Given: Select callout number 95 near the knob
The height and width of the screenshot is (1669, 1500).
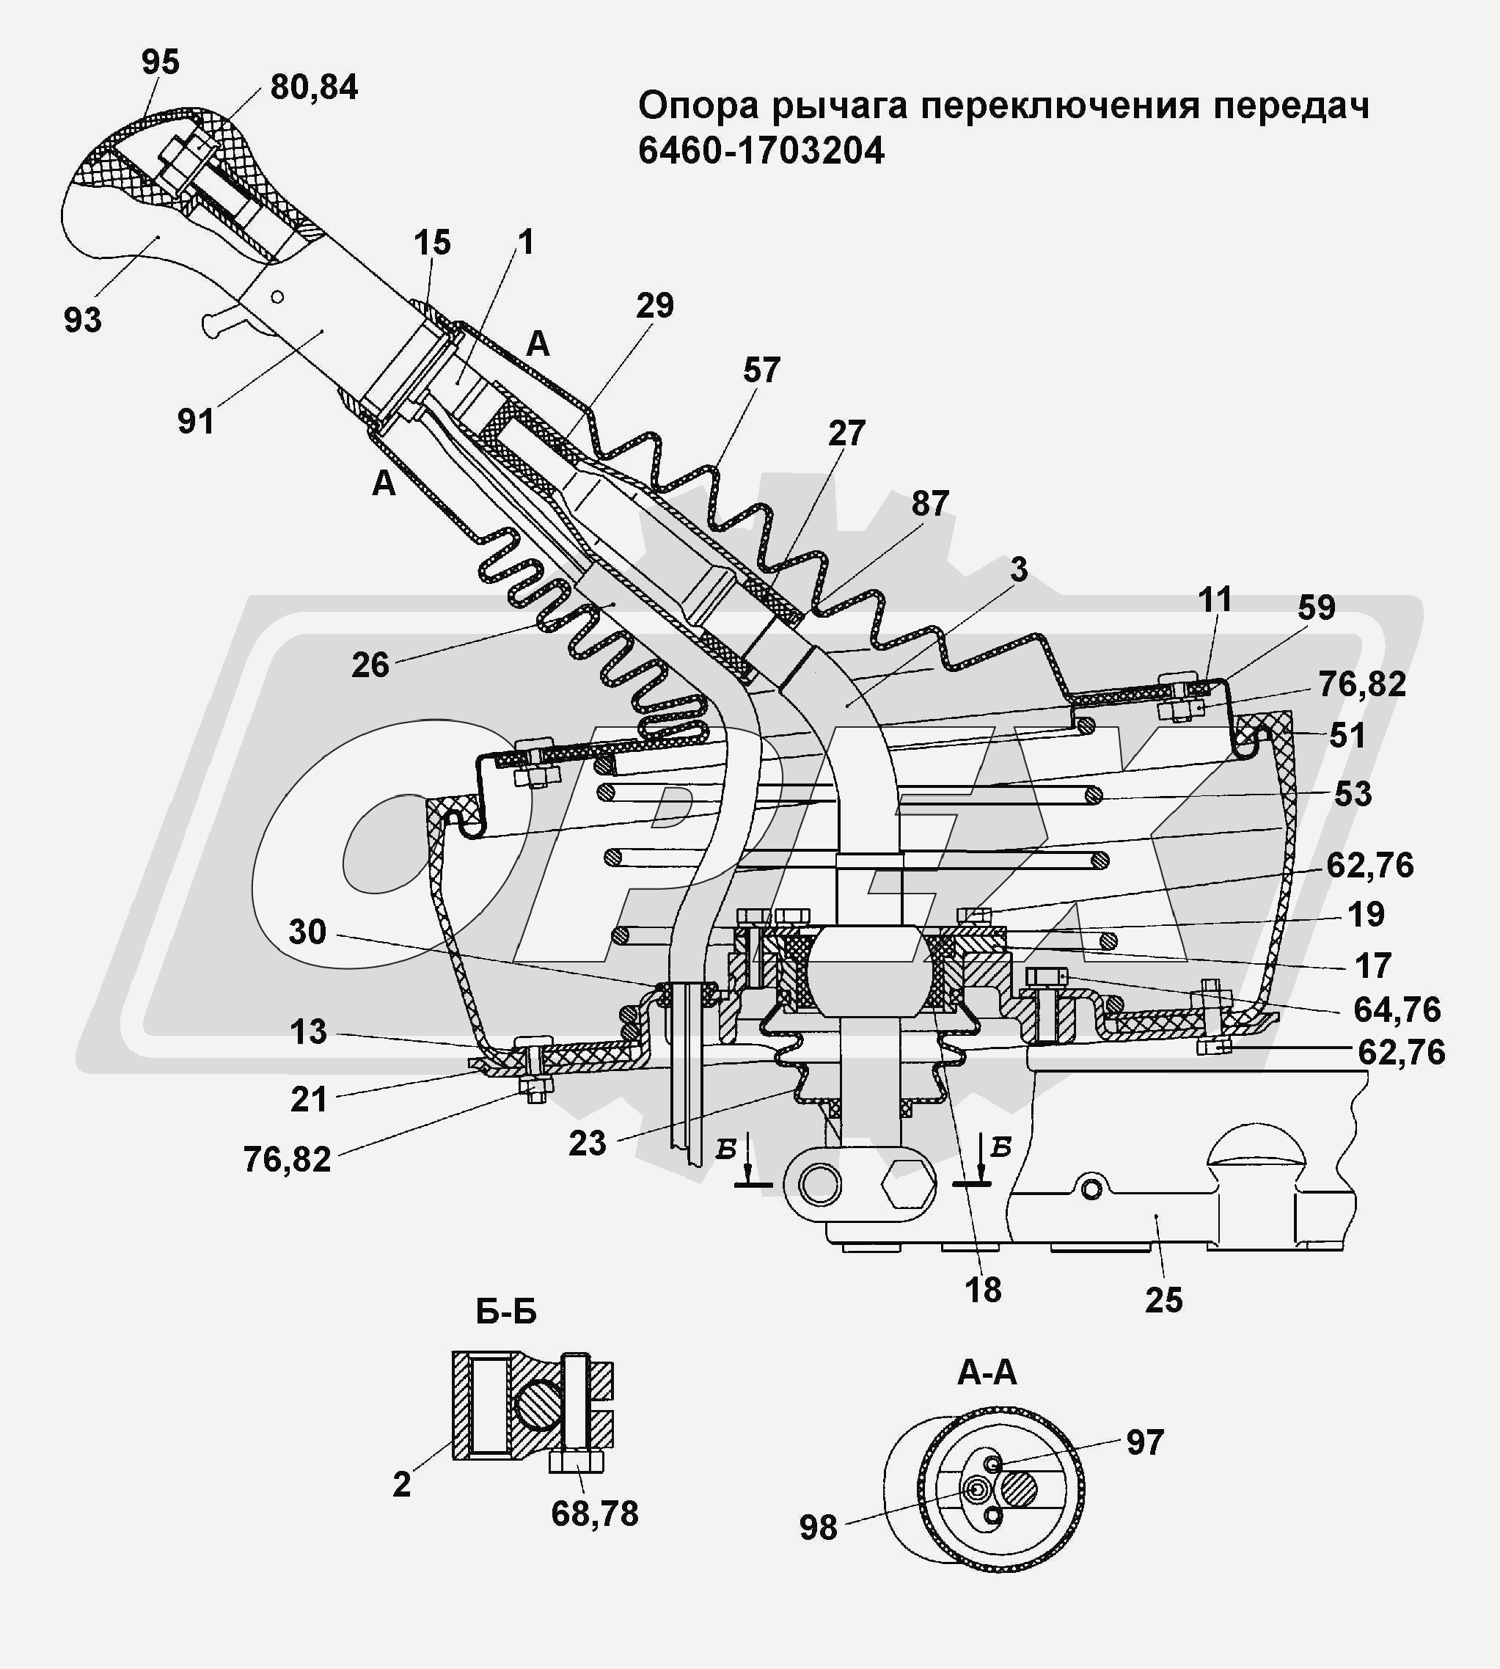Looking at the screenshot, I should pos(160,62).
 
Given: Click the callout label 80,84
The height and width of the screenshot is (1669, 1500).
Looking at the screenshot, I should pos(314,87).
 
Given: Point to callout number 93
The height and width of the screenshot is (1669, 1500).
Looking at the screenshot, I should pos(82,320).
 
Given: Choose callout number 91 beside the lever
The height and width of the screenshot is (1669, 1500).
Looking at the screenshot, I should pos(196,422).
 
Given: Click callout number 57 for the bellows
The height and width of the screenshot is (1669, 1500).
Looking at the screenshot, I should pos(761,371).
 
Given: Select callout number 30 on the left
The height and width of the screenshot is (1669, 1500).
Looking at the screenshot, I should pos(307,932).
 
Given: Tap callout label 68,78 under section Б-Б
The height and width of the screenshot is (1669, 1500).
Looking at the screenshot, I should pos(594,1514).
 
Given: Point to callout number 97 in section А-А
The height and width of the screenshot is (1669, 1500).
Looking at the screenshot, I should pos(1145,1442).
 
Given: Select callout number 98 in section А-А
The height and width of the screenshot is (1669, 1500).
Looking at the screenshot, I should pos(818,1528).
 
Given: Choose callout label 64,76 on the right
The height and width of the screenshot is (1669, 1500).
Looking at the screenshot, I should pos(1396,1009).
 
